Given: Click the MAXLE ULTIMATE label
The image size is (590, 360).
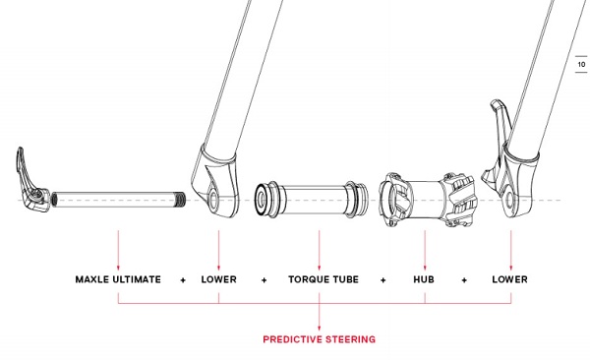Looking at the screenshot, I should pyautogui.click(x=118, y=279).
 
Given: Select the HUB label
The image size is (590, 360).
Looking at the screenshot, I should pyautogui.click(x=425, y=279).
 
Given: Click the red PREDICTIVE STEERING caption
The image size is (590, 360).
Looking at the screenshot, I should pyautogui.click(x=319, y=339).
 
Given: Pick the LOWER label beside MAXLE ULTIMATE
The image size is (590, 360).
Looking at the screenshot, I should pyautogui.click(x=218, y=279).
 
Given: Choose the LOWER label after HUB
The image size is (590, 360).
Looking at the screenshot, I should pyautogui.click(x=509, y=279).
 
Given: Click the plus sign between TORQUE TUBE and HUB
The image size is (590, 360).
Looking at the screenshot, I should pyautogui.click(x=383, y=279).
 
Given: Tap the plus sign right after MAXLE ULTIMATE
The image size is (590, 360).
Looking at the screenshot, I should pyautogui.click(x=183, y=279).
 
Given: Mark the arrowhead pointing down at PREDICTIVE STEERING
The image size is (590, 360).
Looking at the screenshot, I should pyautogui.click(x=320, y=326).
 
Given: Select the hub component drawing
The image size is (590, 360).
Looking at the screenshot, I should pyautogui.click(x=428, y=197).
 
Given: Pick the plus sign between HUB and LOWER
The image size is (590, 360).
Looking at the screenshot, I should pyautogui.click(x=464, y=279).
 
